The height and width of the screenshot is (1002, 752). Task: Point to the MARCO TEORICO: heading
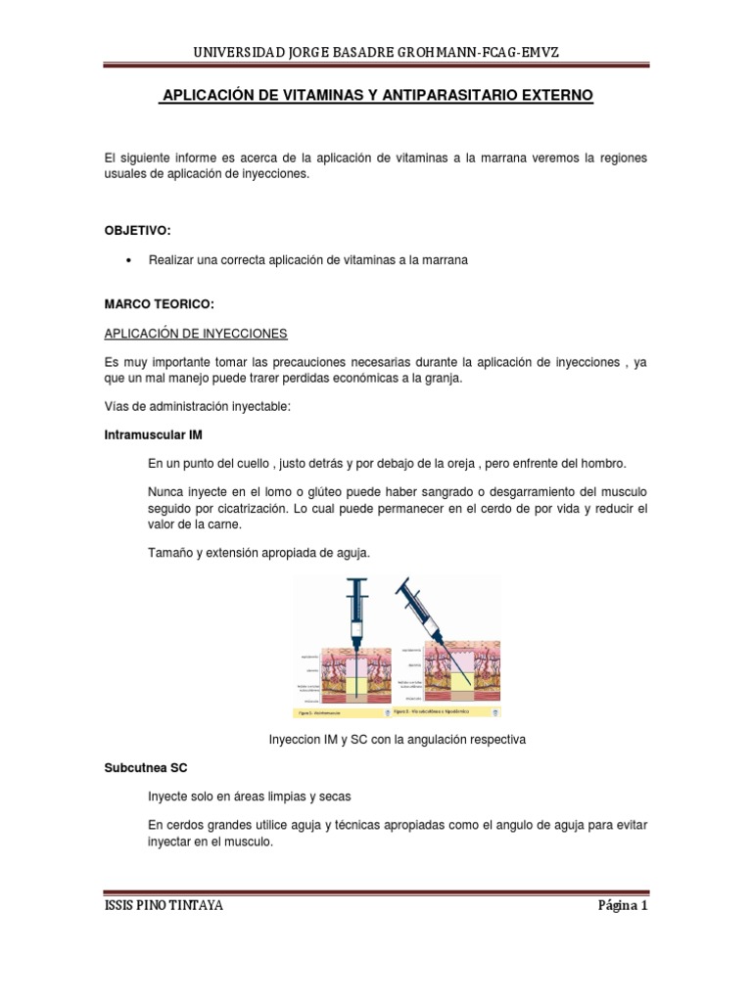pyautogui.click(x=158, y=305)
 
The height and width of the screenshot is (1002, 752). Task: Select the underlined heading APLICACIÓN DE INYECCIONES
pyautogui.click(x=196, y=333)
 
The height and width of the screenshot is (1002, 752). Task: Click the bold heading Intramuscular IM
pyautogui.click(x=153, y=433)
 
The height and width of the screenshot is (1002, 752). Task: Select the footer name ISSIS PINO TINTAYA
pyautogui.click(x=164, y=905)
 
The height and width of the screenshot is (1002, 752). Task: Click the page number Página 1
pyautogui.click(x=623, y=905)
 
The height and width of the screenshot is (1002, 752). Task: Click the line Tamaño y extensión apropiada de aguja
pyautogui.click(x=258, y=553)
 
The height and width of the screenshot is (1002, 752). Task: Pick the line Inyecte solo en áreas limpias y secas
pyautogui.click(x=250, y=797)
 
